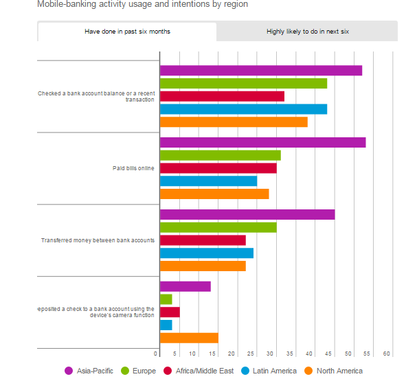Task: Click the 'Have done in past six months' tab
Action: click(x=127, y=32)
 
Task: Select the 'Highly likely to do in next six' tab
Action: click(x=307, y=32)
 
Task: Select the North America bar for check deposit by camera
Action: click(x=189, y=338)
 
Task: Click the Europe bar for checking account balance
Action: click(x=243, y=84)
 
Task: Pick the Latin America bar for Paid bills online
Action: click(x=208, y=181)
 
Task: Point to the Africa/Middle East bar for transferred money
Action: click(x=203, y=240)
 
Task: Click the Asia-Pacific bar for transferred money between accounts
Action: click(x=247, y=214)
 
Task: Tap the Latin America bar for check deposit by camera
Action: click(x=166, y=325)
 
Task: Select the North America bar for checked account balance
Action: click(x=234, y=122)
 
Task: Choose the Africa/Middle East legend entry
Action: click(x=199, y=371)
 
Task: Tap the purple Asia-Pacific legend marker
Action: click(x=69, y=371)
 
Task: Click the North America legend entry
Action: click(x=333, y=371)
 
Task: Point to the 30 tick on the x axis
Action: click(x=270, y=354)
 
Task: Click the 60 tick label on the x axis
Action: click(x=387, y=354)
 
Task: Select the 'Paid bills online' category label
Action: click(x=133, y=168)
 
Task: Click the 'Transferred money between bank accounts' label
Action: click(x=98, y=240)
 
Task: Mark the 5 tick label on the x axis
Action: click(x=174, y=354)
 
